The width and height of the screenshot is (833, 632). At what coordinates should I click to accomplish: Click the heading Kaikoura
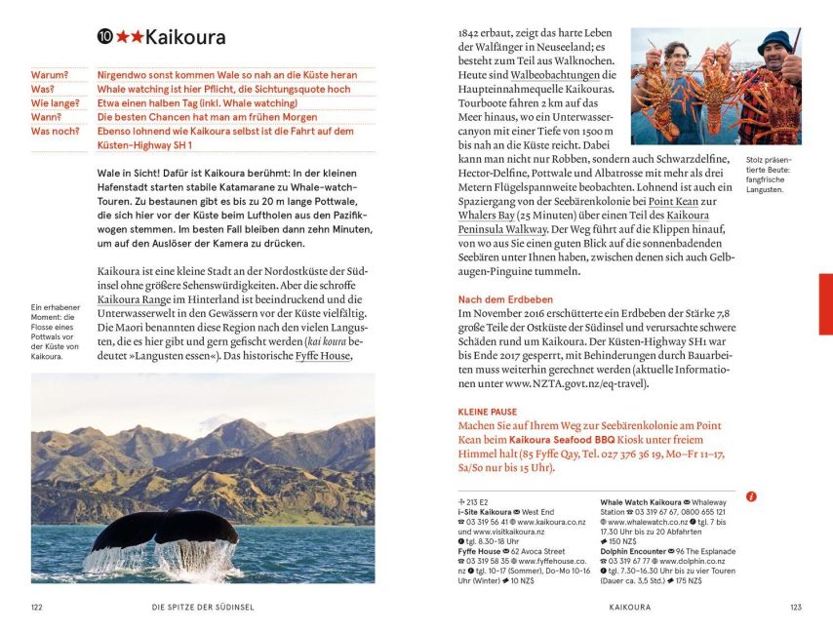click(x=185, y=38)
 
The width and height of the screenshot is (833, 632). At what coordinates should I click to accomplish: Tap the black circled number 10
click(x=104, y=38)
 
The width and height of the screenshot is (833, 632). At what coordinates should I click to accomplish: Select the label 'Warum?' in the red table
click(x=50, y=74)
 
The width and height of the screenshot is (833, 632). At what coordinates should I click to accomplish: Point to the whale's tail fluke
click(x=165, y=531)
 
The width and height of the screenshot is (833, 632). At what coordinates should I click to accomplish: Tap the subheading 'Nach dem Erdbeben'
click(x=505, y=299)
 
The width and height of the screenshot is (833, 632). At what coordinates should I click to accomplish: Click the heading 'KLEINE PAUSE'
click(x=488, y=413)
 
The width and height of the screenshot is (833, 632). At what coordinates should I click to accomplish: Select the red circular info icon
click(x=751, y=496)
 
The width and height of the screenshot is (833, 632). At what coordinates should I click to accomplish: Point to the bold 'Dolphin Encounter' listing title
click(x=637, y=551)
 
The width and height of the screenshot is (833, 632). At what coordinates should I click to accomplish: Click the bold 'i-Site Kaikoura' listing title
click(x=485, y=512)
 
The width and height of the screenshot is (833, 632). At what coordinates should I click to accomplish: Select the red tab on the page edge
click(x=825, y=303)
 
